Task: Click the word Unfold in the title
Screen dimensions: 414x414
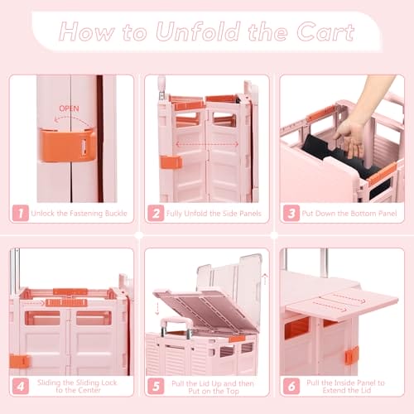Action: (x=198, y=31)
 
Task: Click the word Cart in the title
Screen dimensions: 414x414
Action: (x=325, y=32)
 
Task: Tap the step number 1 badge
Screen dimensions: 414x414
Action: (x=21, y=213)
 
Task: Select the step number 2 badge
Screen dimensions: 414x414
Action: (x=156, y=213)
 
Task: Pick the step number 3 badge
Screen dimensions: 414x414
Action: (x=291, y=213)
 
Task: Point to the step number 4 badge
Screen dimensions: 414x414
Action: (x=21, y=386)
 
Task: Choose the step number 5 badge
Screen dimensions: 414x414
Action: (x=156, y=386)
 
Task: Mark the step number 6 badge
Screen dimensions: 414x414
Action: (x=291, y=386)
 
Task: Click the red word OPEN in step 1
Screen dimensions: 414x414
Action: (x=69, y=108)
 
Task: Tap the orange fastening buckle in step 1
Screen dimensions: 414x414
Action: (x=66, y=145)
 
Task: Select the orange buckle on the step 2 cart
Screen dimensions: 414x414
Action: (x=171, y=162)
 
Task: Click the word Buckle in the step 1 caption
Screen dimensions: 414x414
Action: (x=115, y=214)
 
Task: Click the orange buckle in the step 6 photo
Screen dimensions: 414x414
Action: (x=352, y=355)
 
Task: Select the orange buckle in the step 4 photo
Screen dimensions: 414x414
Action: (x=20, y=361)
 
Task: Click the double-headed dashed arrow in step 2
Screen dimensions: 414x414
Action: (x=207, y=144)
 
